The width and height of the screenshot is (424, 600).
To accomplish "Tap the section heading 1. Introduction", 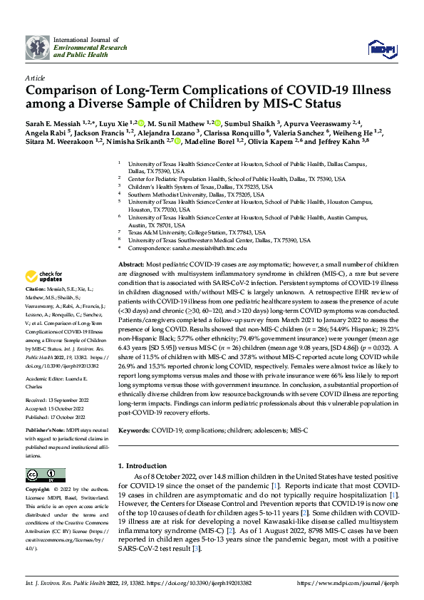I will click(x=142, y=465).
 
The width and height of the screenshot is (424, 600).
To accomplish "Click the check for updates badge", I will click(x=44, y=276).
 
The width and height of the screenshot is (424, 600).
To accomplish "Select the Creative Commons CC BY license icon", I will click(x=41, y=476).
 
